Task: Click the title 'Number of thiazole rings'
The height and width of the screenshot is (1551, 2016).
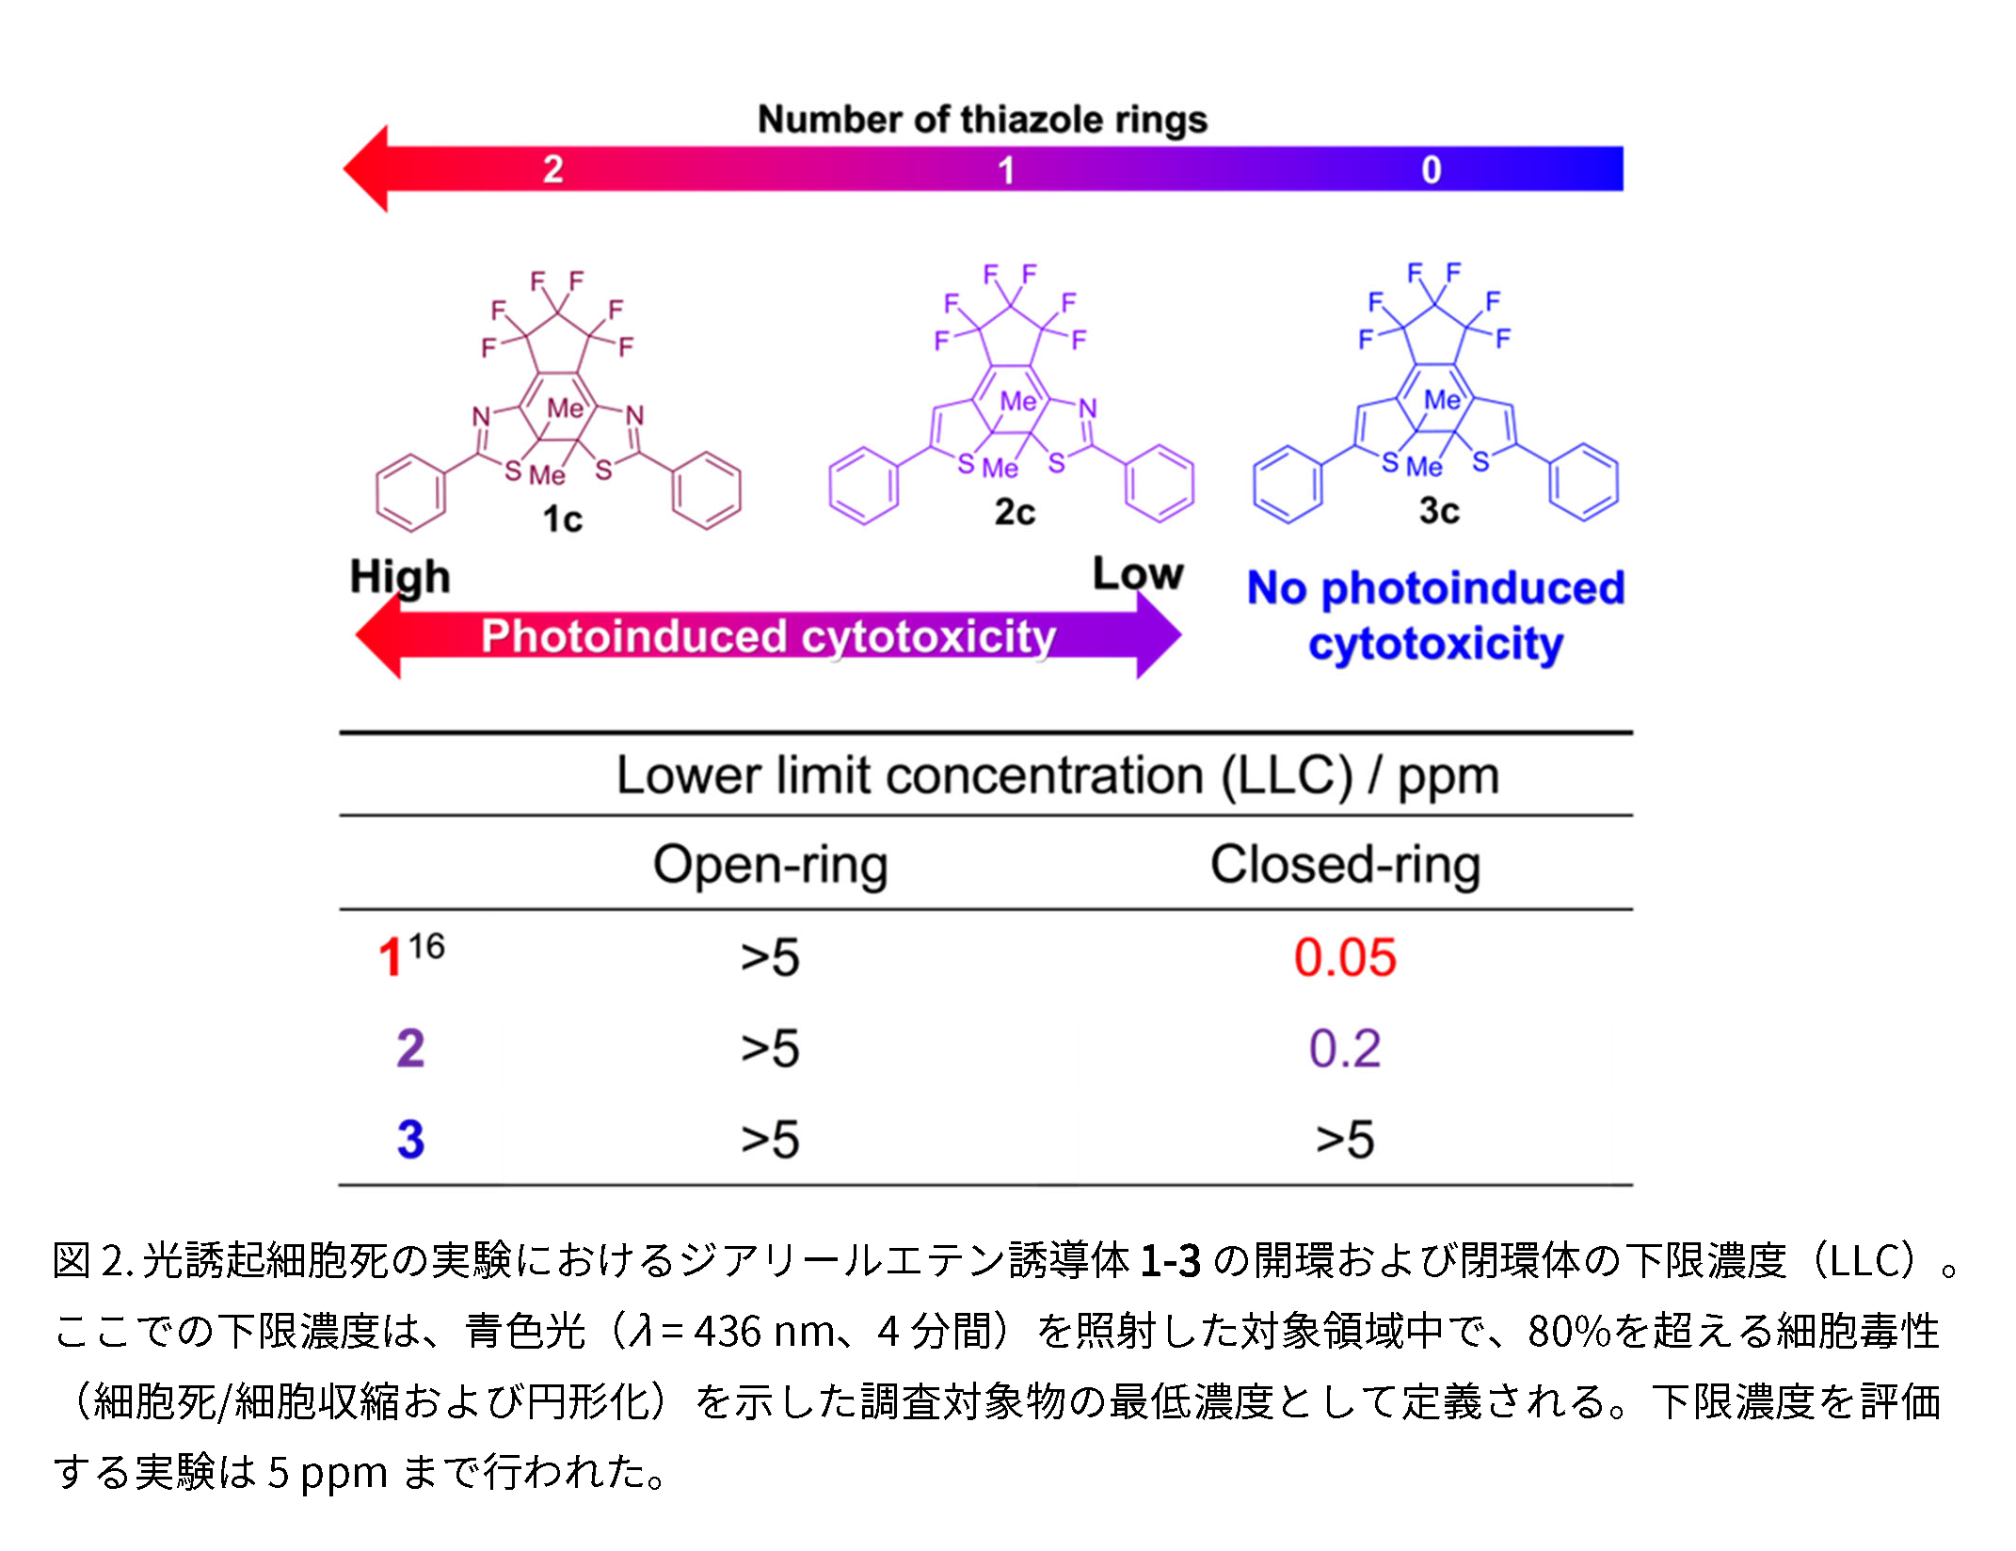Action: [982, 120]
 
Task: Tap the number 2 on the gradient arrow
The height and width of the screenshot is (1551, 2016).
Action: [553, 169]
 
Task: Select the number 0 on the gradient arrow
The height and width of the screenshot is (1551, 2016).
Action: [1431, 170]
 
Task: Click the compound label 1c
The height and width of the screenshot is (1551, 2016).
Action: [562, 520]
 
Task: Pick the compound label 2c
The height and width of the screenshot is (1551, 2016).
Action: [1015, 512]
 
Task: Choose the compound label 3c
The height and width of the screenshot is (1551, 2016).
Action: [1439, 511]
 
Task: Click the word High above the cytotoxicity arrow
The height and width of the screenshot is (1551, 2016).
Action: [400, 577]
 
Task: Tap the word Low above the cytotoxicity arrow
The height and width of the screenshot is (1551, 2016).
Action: [1137, 574]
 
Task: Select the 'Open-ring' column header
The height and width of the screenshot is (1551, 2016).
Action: [770, 865]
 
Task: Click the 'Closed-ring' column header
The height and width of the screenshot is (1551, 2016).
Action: [1345, 865]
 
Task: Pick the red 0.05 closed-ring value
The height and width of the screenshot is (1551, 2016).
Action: [1345, 958]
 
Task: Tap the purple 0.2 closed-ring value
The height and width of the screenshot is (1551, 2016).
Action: [1345, 1048]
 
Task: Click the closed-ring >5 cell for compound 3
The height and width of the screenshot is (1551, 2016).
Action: [1345, 1140]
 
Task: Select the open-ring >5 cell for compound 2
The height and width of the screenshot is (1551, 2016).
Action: [770, 1048]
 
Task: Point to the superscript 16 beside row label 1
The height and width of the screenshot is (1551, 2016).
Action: [426, 946]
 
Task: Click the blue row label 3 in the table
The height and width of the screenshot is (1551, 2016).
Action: [410, 1140]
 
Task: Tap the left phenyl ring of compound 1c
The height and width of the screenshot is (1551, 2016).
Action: [410, 492]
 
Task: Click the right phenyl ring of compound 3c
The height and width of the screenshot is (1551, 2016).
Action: [1584, 483]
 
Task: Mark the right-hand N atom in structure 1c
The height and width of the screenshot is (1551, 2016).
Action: [635, 415]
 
